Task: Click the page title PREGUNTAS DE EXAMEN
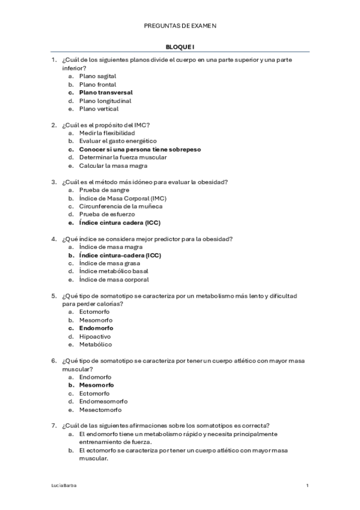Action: click(x=180, y=26)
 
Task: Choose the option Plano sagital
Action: click(x=97, y=76)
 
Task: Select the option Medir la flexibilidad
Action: click(x=107, y=133)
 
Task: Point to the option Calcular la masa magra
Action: click(x=113, y=165)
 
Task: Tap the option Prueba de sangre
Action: click(x=103, y=190)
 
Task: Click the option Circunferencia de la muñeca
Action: click(x=121, y=206)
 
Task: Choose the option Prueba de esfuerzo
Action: click(x=107, y=214)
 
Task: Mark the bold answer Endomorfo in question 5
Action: click(x=96, y=328)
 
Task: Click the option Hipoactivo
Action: click(x=95, y=336)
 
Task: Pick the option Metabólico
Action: click(x=95, y=345)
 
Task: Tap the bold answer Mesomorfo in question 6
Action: click(x=97, y=385)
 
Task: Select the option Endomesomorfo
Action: click(x=103, y=401)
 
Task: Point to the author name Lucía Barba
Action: click(x=63, y=485)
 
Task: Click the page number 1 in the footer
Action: click(x=307, y=485)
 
